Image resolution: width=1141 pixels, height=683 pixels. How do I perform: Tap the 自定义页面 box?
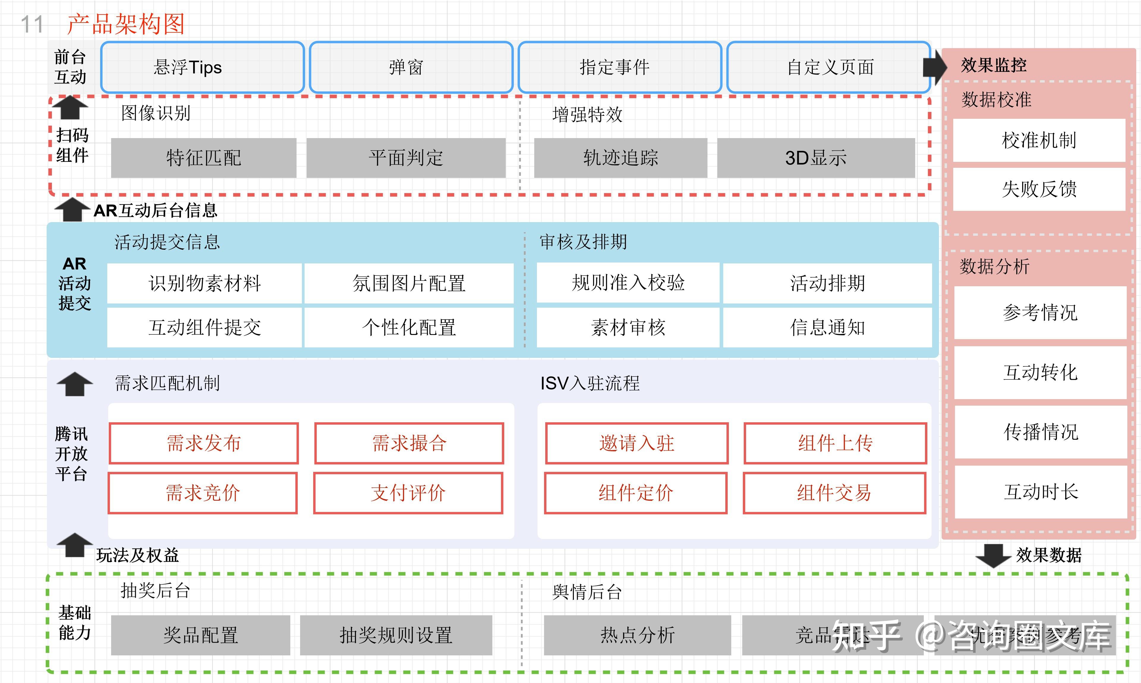pyautogui.click(x=829, y=67)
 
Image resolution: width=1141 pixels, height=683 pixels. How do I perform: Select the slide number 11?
pyautogui.click(x=32, y=24)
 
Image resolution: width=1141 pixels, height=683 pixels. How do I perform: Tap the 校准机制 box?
pyautogui.click(x=1039, y=140)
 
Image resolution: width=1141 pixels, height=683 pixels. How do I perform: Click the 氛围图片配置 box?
pyautogui.click(x=409, y=283)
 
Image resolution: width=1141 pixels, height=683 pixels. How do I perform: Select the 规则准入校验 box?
pyautogui.click(x=628, y=283)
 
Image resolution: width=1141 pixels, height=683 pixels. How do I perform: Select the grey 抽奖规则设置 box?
pyautogui.click(x=396, y=635)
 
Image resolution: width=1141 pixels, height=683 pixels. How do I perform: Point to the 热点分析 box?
pyautogui.click(x=637, y=635)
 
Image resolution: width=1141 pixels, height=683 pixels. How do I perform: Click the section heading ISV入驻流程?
pyautogui.click(x=590, y=383)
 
